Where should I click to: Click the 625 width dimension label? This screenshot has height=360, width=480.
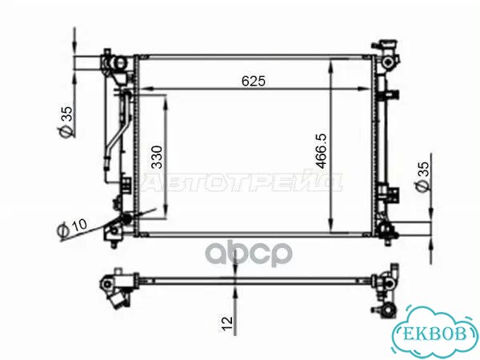pyautogui.click(x=254, y=81)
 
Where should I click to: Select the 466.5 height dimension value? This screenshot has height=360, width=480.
pyautogui.click(x=322, y=151)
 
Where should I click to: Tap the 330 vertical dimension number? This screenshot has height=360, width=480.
pyautogui.click(x=158, y=157)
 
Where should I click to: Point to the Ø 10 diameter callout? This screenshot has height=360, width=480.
pyautogui.click(x=72, y=228)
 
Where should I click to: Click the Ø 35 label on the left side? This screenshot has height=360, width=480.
pyautogui.click(x=66, y=122)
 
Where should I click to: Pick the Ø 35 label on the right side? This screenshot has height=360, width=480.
pyautogui.click(x=422, y=176)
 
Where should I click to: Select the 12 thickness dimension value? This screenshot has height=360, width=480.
pyautogui.click(x=227, y=324)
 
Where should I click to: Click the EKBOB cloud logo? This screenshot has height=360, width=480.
pyautogui.click(x=435, y=332)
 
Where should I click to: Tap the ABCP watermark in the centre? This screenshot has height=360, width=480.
pyautogui.click(x=249, y=254)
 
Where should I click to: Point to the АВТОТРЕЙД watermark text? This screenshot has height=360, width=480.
pyautogui.click(x=242, y=182)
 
